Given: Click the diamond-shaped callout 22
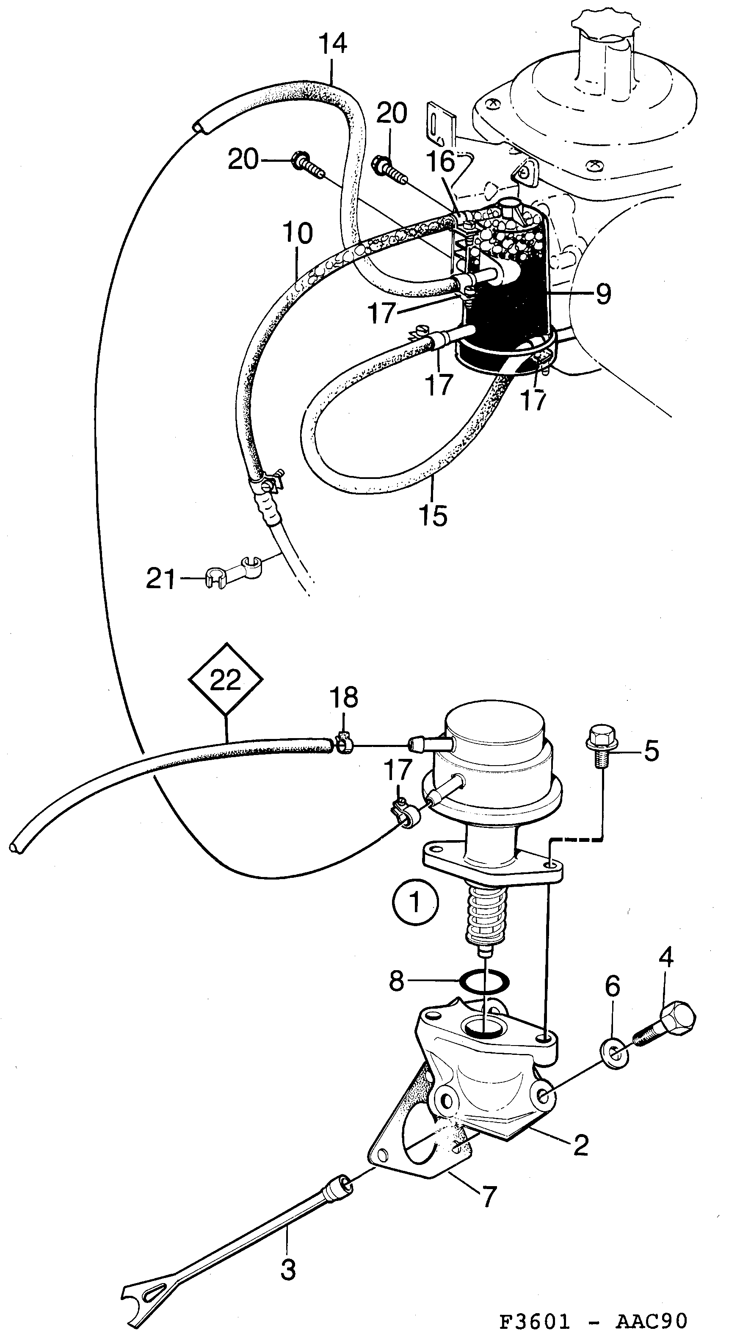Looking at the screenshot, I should [x=225, y=680].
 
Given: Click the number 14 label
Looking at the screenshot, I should [x=333, y=44].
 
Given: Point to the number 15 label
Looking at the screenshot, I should [x=433, y=516].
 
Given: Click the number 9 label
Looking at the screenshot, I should [x=603, y=294].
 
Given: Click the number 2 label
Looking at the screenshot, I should [x=580, y=1143].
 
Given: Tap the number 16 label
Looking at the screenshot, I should [x=442, y=162].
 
